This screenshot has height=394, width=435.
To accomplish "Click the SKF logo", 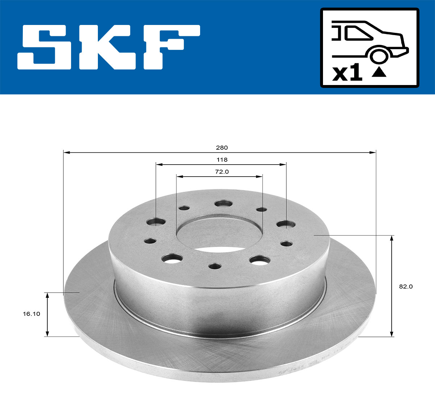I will point(109,47).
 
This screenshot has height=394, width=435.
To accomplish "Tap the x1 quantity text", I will point(347,73).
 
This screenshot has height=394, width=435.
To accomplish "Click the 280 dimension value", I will point(221,148).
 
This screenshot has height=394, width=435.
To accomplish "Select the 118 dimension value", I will point(221,160).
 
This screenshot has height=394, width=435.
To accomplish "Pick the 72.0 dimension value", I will point(221,172).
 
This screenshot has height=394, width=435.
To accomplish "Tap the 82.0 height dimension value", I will point(406,287).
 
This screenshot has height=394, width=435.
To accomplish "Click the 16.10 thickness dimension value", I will point(32,314).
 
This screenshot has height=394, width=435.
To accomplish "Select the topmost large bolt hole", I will point(223,203).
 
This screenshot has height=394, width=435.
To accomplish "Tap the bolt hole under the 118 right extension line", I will point(286,224).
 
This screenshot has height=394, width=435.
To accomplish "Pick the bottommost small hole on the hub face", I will point(215,266).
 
